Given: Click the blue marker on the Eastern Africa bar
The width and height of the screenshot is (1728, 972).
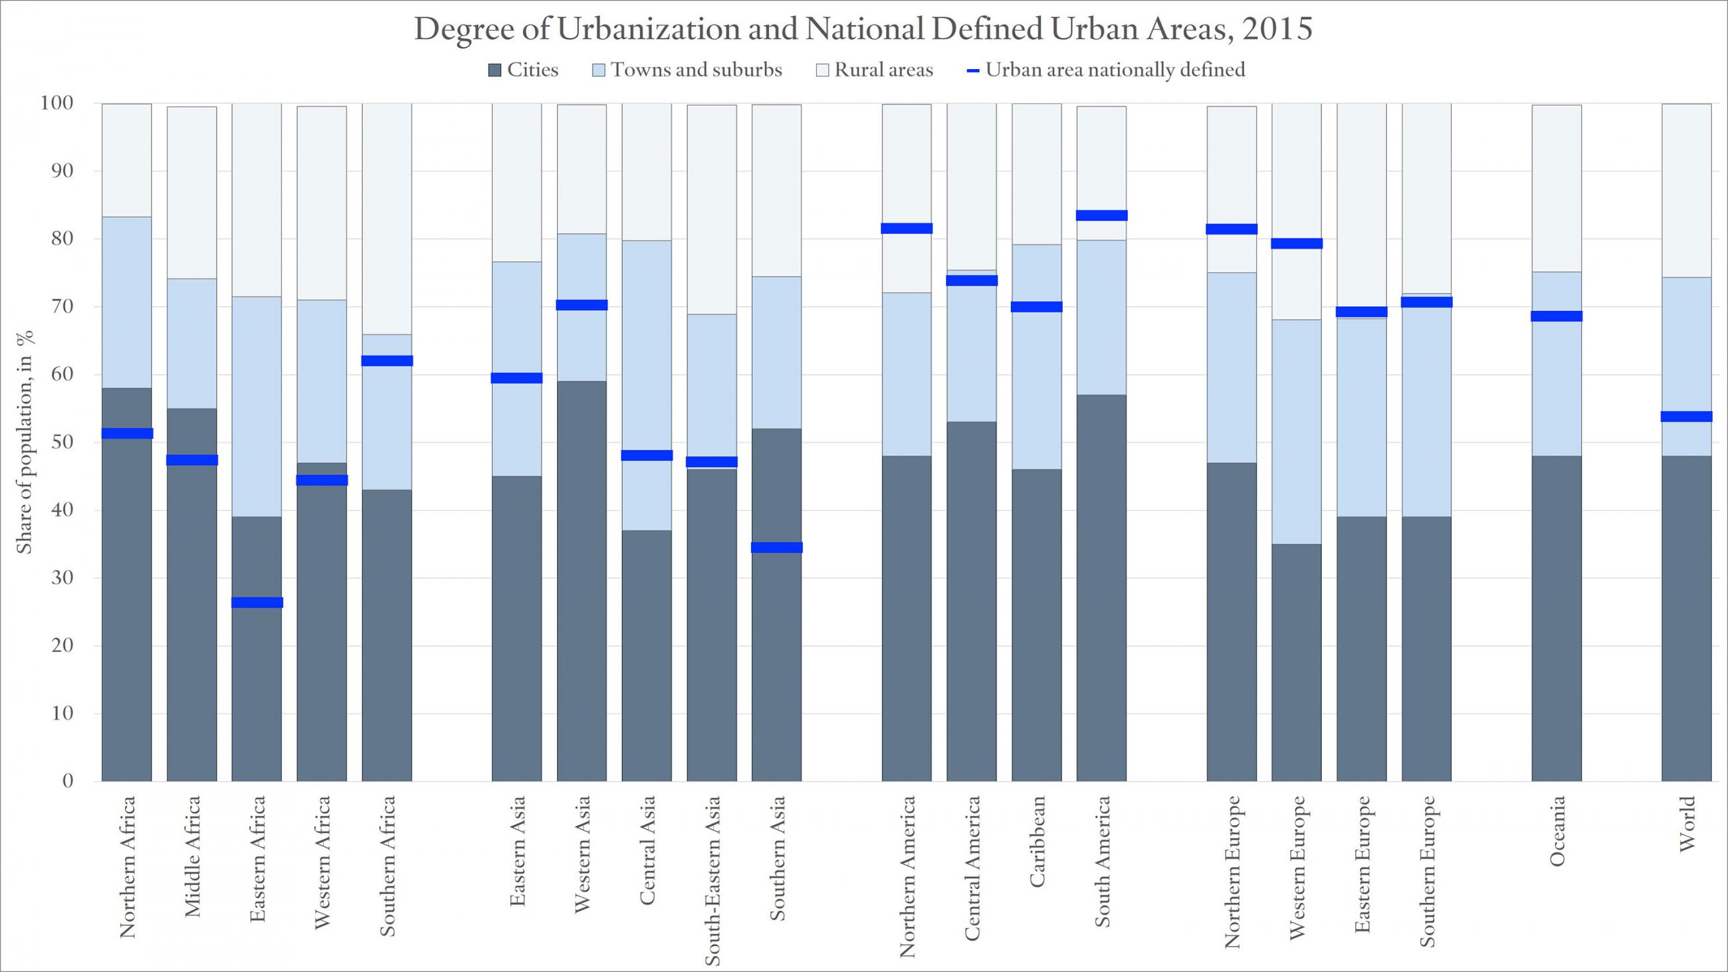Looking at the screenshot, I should (257, 603).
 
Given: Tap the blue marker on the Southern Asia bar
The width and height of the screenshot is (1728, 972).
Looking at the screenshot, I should (777, 547).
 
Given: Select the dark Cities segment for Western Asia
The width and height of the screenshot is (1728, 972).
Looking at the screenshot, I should (582, 580).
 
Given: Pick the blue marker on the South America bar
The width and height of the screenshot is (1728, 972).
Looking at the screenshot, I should (1101, 215).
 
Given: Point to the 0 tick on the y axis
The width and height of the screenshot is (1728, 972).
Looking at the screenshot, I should (68, 781).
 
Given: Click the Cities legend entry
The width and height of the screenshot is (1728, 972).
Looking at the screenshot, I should (524, 70).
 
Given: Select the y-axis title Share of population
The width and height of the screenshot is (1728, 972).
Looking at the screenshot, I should (24, 442).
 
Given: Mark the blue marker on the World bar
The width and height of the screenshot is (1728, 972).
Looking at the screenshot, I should (1686, 417).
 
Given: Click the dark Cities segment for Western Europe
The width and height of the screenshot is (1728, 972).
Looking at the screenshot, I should (1297, 662).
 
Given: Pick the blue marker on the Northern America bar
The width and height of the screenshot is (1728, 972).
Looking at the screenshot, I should (907, 228).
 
